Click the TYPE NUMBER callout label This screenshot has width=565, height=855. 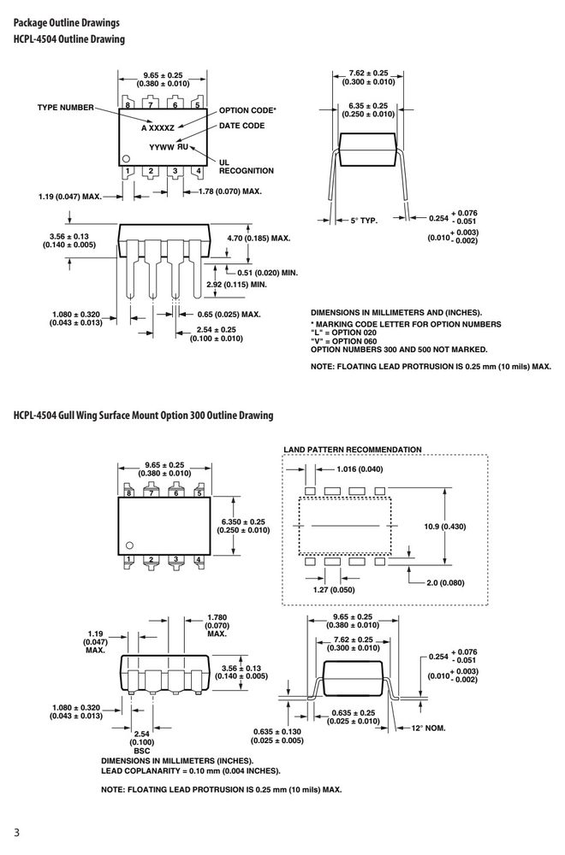(66, 108)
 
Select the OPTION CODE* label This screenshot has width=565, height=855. (248, 110)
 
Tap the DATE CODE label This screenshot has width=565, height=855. (241, 126)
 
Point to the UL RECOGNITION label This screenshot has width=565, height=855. (247, 167)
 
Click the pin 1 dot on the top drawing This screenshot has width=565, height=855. (126, 158)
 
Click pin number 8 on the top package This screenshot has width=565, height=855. (128, 104)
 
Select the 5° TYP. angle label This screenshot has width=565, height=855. (364, 221)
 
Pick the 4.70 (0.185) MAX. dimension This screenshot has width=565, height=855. (259, 239)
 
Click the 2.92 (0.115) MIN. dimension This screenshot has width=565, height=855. (237, 285)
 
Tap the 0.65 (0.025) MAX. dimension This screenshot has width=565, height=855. (229, 315)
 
